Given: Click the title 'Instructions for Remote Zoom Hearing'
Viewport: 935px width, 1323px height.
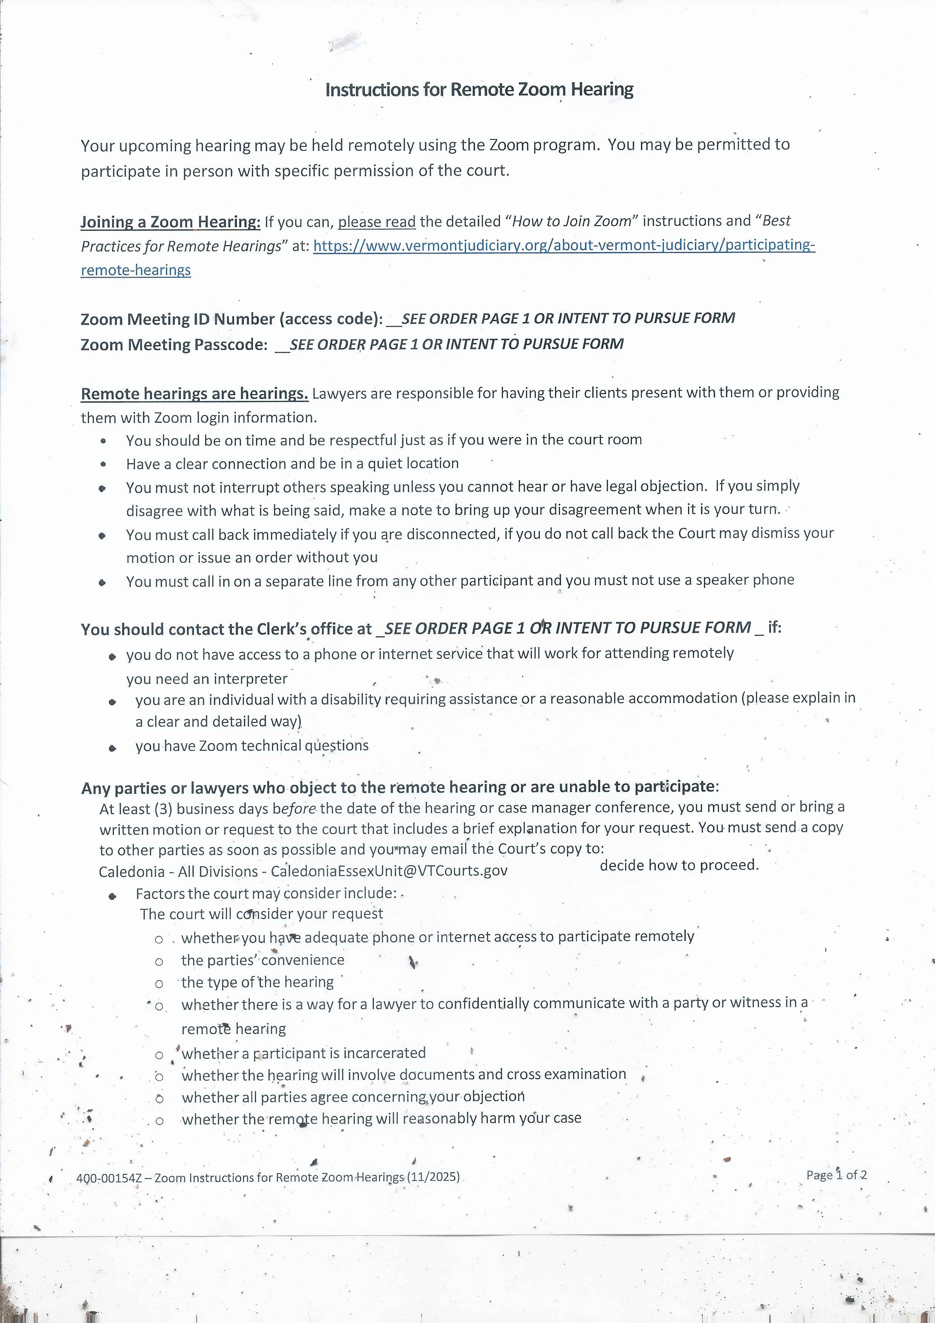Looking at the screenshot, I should pyautogui.click(x=479, y=90).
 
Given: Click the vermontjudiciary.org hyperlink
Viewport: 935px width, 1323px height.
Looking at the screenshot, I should pyautogui.click(x=563, y=246).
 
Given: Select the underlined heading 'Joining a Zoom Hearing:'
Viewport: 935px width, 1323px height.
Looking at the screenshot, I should pyautogui.click(x=170, y=222).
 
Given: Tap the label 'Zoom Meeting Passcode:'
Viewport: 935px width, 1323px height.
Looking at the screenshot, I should pyautogui.click(x=174, y=345).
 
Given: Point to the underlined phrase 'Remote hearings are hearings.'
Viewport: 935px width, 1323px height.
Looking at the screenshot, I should pyautogui.click(x=195, y=394).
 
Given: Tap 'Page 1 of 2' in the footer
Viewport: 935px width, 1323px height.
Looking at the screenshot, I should pyautogui.click(x=836, y=1175).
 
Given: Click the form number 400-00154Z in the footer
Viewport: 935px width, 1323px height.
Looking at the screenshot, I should pyautogui.click(x=108, y=1178).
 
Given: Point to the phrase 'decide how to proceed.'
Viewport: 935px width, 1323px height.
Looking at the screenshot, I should pyautogui.click(x=679, y=865).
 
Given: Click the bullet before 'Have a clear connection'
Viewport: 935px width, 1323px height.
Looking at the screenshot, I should pyautogui.click(x=103, y=464).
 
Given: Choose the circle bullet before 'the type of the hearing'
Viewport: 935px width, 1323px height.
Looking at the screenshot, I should pyautogui.click(x=159, y=984).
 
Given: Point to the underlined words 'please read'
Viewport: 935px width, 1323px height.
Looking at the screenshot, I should pyautogui.click(x=377, y=222).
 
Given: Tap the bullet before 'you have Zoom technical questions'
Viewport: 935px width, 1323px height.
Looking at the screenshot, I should pyautogui.click(x=112, y=749).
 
